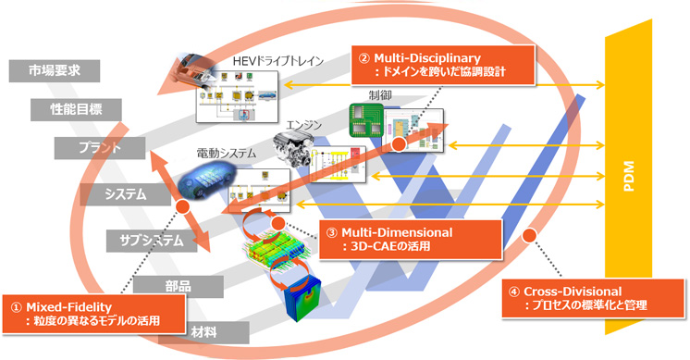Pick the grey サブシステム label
pos(144,241)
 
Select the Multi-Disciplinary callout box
pos(431,62)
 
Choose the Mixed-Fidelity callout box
pos(93,312)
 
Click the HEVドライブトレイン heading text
pos(278,61)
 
